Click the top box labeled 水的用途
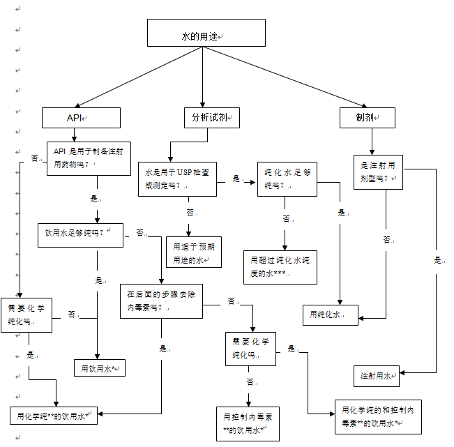tap(206, 33)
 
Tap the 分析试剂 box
tap(210, 118)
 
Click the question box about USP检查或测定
tap(177, 178)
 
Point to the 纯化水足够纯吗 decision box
tap(287, 179)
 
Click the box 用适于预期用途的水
tap(192, 252)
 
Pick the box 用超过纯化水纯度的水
tap(279, 266)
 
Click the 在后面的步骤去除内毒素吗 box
tap(162, 301)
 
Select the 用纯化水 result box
tap(330, 315)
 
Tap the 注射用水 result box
tap(376, 375)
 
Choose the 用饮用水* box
tap(100, 368)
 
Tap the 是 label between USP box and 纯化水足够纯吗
tap(236, 179)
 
